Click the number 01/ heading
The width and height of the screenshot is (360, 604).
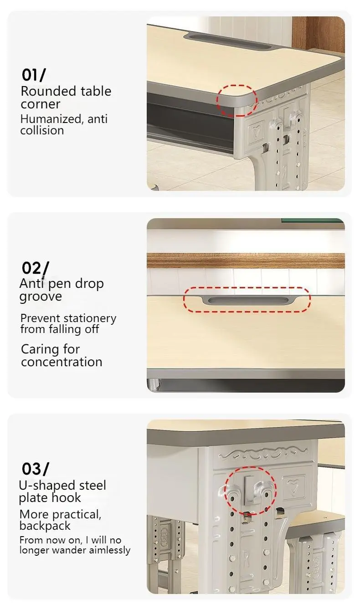(34, 75)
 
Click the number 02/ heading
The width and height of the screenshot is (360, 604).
(35, 268)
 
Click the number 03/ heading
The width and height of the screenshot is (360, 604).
(35, 468)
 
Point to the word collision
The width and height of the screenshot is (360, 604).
(42, 130)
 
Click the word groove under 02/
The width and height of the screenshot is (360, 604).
(40, 297)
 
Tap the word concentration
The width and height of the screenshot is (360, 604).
(62, 362)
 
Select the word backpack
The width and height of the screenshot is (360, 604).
(45, 526)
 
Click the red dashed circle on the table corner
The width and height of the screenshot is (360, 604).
(237, 100)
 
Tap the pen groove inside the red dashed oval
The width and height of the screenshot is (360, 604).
(247, 300)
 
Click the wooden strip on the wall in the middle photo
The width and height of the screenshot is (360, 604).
(246, 261)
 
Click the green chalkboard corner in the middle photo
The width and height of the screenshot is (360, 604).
(313, 221)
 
